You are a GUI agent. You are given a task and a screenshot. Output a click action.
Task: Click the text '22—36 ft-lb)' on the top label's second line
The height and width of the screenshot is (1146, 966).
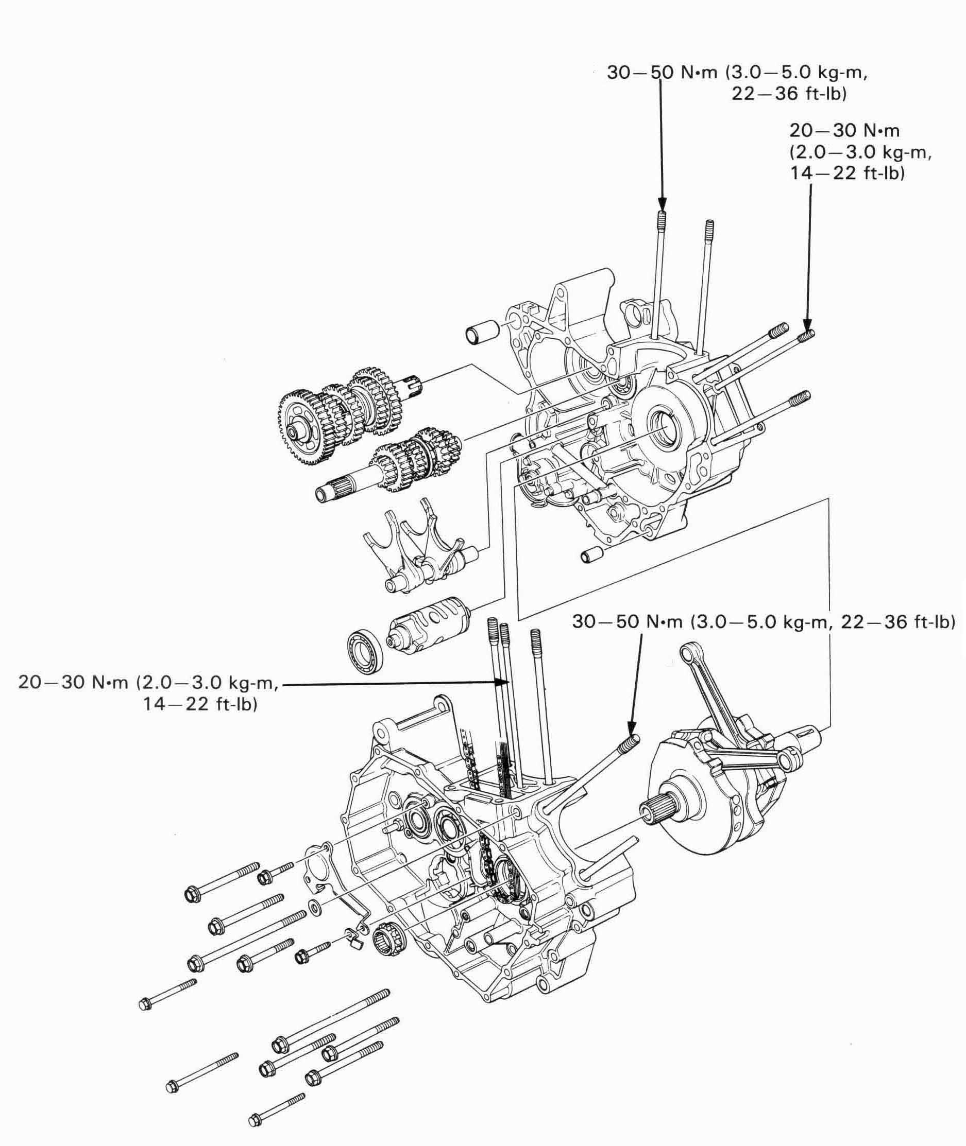789,94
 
